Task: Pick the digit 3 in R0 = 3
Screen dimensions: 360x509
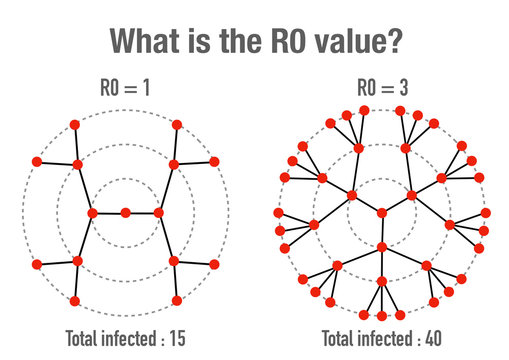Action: click(403, 88)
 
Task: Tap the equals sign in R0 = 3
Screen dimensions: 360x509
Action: click(385, 88)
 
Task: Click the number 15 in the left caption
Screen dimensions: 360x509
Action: click(175, 338)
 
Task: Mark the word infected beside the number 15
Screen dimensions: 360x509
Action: click(127, 338)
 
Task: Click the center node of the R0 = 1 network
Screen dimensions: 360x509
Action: click(125, 212)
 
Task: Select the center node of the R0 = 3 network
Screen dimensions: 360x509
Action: click(382, 212)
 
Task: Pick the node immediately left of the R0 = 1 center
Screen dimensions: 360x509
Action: click(92, 212)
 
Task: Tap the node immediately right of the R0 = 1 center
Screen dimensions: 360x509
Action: click(158, 212)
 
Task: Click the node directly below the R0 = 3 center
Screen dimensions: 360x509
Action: click(382, 246)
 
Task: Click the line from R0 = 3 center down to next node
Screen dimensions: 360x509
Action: click(382, 229)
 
